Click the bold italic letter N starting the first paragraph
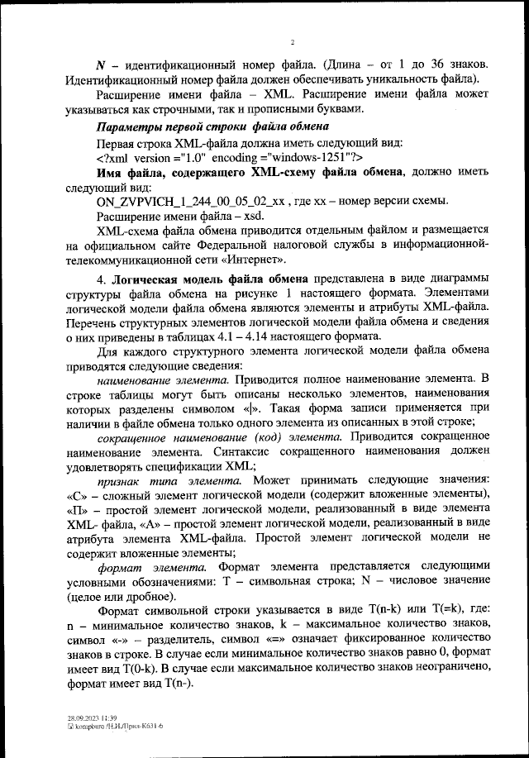tap(101, 64)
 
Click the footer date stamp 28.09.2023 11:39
tap(91, 718)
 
